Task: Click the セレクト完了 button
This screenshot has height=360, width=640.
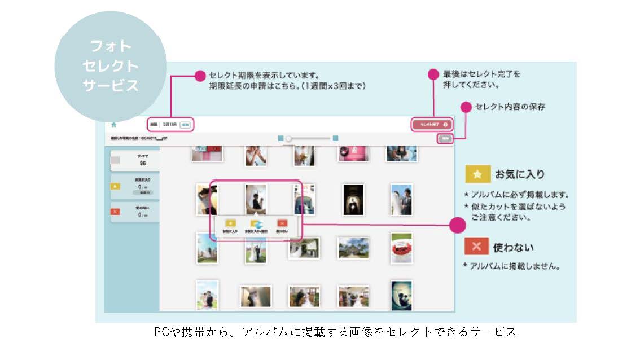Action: click(432, 124)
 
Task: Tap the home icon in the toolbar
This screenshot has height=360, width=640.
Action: click(114, 124)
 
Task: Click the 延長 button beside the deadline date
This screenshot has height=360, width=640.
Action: click(186, 124)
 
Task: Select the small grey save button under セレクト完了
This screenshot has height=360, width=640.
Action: click(445, 138)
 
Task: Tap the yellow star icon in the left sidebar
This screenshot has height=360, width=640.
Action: click(116, 186)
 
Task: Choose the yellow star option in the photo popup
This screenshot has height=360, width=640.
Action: click(230, 223)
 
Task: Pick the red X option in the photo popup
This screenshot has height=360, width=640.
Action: click(283, 223)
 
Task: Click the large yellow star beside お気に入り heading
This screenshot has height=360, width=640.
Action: click(477, 174)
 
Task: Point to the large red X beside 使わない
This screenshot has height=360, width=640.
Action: click(477, 247)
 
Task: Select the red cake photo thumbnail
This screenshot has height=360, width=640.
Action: click(401, 248)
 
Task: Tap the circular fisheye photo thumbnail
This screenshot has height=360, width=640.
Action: click(401, 295)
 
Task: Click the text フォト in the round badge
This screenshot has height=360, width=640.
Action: click(110, 46)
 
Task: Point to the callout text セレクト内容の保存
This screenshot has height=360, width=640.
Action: click(510, 106)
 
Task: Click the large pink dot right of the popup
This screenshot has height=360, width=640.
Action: click(457, 226)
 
